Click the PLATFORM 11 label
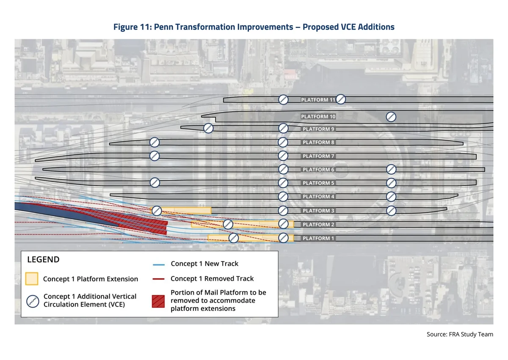click(x=318, y=100)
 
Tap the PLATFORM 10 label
click(x=318, y=116)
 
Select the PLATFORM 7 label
click(x=318, y=156)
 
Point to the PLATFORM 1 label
click(x=318, y=238)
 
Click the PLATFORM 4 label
click(x=318, y=196)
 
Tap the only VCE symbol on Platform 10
click(x=391, y=117)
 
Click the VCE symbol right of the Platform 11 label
click(x=341, y=99)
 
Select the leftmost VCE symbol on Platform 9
click(x=208, y=128)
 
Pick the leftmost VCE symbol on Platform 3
click(x=157, y=211)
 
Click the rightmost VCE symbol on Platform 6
click(x=391, y=169)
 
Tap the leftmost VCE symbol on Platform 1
click(x=234, y=238)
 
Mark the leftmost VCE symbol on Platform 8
click(x=155, y=142)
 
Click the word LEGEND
click(x=43, y=260)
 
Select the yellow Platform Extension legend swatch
click(x=32, y=279)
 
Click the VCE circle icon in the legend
click(x=33, y=301)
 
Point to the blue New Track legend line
click(x=159, y=264)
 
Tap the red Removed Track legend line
click(x=158, y=279)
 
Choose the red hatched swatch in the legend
click(x=158, y=301)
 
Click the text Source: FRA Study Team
click(x=460, y=334)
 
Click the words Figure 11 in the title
click(x=132, y=27)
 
